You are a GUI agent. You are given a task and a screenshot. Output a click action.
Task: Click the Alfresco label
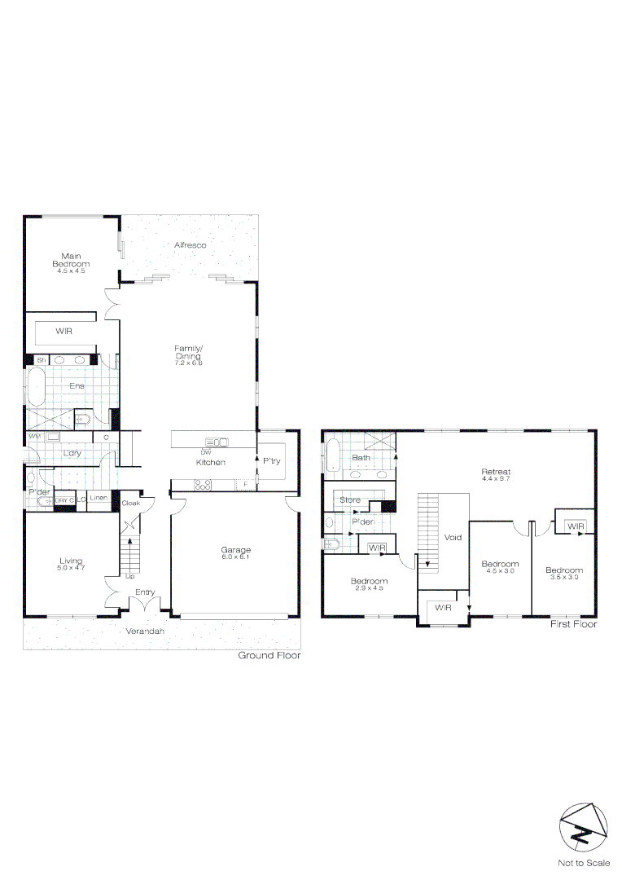click(x=190, y=244)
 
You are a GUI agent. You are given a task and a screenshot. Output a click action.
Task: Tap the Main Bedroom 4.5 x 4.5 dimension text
click(x=71, y=271)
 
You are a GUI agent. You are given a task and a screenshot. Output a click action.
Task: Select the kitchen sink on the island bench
click(x=220, y=442)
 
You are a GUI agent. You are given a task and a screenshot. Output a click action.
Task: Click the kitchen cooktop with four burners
click(x=203, y=484)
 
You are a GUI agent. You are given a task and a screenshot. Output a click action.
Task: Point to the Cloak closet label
click(x=130, y=504)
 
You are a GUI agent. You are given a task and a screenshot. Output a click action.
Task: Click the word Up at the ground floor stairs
click(x=129, y=576)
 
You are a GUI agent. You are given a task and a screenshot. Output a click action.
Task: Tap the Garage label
click(x=236, y=550)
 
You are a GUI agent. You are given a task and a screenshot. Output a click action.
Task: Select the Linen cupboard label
click(x=99, y=498)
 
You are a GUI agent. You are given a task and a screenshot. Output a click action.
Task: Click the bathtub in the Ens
click(x=37, y=385)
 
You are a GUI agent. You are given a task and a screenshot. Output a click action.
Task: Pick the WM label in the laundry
click(x=34, y=437)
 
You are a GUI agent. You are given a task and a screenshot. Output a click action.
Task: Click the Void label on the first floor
click(x=453, y=538)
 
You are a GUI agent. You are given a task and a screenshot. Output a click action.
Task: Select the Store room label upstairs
click(x=350, y=499)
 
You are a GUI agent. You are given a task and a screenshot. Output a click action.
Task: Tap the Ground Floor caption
click(x=269, y=655)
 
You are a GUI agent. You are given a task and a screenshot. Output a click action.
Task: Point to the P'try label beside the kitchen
click(x=271, y=460)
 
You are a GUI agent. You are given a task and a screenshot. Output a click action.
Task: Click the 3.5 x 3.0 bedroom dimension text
click(x=563, y=577)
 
